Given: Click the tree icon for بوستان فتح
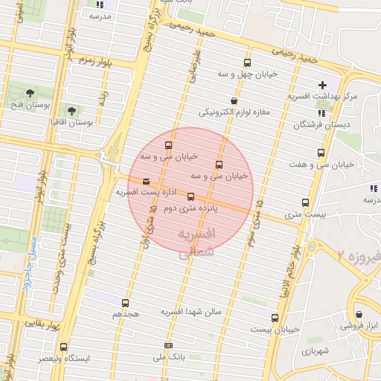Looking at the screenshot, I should pyautogui.click(x=30, y=93).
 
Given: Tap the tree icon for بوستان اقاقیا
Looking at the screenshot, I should pyautogui.click(x=72, y=111).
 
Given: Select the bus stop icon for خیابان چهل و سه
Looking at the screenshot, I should pyautogui.click(x=247, y=63).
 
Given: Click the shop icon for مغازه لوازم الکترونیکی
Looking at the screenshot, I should pyautogui.click(x=234, y=100).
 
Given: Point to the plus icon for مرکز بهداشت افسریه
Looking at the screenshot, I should pyautogui.click(x=321, y=85).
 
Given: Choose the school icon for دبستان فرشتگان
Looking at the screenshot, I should pyautogui.click(x=321, y=113).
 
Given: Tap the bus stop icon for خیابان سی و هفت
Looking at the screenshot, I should pyautogui.click(x=321, y=153).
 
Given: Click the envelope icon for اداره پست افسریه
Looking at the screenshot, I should pyautogui.click(x=145, y=181).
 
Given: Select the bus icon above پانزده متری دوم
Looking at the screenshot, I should pyautogui.click(x=191, y=197).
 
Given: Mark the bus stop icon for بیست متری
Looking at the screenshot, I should pyautogui.click(x=305, y=202).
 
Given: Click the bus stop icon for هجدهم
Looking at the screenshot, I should pyautogui.click(x=125, y=303).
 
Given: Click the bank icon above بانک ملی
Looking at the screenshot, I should pyautogui.click(x=168, y=346).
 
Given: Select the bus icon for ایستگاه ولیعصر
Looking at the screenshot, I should pyautogui.click(x=63, y=347).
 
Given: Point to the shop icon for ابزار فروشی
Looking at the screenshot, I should pyautogui.click(x=359, y=315).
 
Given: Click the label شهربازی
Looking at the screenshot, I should pyautogui.click(x=315, y=349).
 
